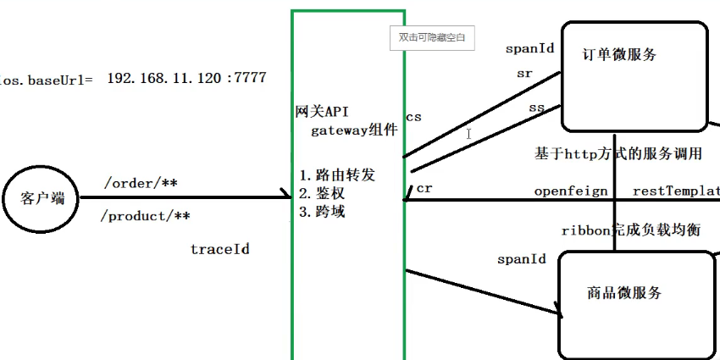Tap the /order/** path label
pos(140,183)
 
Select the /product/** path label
pos(145,216)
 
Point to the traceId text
pos(219,249)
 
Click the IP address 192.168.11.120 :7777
pos(186,78)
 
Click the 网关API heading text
pos(321,112)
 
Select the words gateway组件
pos(354,130)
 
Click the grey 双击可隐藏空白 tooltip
pos(431,38)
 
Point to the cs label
pos(413,116)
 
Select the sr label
pos(524,74)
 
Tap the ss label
pos(536,108)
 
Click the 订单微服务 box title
pos(620,55)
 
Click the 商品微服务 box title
pos(623,293)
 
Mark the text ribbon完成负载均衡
pos(631,230)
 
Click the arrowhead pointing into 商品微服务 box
pos(558,313)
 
